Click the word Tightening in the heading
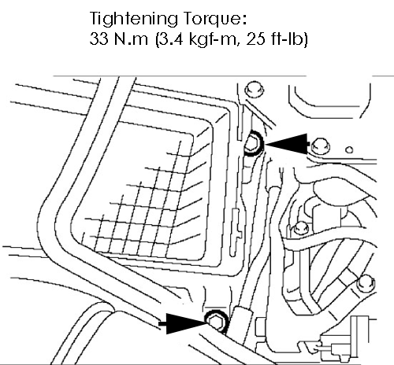click(x=134, y=19)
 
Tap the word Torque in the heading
click(x=215, y=19)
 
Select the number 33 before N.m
click(x=99, y=39)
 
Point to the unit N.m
click(x=132, y=39)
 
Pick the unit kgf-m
click(x=214, y=40)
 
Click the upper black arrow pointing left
click(x=287, y=144)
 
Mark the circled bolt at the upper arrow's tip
click(x=253, y=143)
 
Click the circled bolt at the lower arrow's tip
click(x=217, y=322)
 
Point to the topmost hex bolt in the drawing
click(x=254, y=90)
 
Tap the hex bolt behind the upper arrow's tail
click(x=320, y=146)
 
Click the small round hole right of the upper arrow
click(x=349, y=149)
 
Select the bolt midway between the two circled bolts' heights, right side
click(x=300, y=227)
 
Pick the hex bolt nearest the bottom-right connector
click(x=366, y=283)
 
